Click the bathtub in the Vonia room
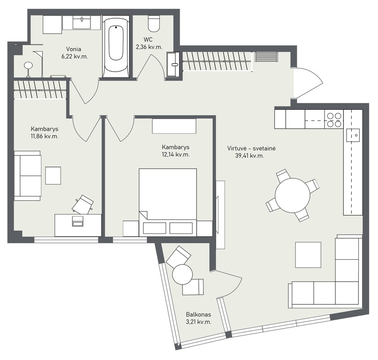[116, 47]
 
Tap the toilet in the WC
[154, 23]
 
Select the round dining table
[293, 195]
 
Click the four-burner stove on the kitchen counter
[334, 120]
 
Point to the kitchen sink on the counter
[353, 135]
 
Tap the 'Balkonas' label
[198, 315]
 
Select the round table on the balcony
[182, 274]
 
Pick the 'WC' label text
[148, 39]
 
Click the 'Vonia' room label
[74, 49]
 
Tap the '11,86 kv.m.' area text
[45, 136]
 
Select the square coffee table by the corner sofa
[308, 255]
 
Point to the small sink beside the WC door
[173, 64]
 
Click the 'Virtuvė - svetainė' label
[251, 148]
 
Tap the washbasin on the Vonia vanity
[82, 22]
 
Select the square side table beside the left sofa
[53, 176]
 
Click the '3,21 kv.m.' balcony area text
[198, 322]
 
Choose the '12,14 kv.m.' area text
[175, 155]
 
